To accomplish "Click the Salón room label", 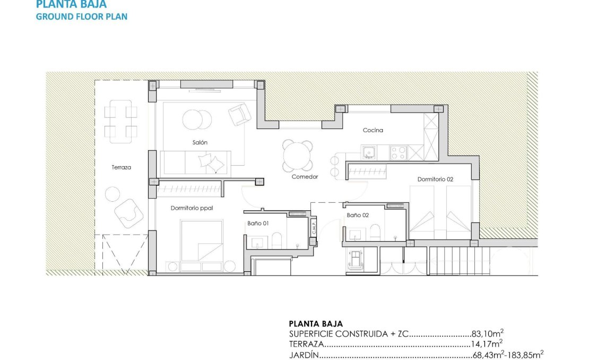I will pyautogui.click(x=200, y=142).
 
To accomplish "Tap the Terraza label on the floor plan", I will pyautogui.click(x=121, y=167).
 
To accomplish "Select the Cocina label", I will pyautogui.click(x=373, y=130).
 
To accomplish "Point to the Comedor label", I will pyautogui.click(x=305, y=177).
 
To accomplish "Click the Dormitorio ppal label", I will pyautogui.click(x=192, y=208).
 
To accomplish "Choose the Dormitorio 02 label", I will pyautogui.click(x=435, y=179).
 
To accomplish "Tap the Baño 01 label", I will pyautogui.click(x=258, y=224).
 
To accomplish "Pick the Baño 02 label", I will pyautogui.click(x=358, y=216).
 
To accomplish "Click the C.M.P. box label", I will pyautogui.click(x=314, y=227).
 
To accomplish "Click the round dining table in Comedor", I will pyautogui.click(x=298, y=156).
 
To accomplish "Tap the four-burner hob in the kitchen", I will pyautogui.click(x=398, y=153).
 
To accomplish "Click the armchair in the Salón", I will pyautogui.click(x=239, y=113).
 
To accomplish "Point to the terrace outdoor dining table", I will pyautogui.click(x=120, y=121).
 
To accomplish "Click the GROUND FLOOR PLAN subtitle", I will pyautogui.click(x=81, y=16).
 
